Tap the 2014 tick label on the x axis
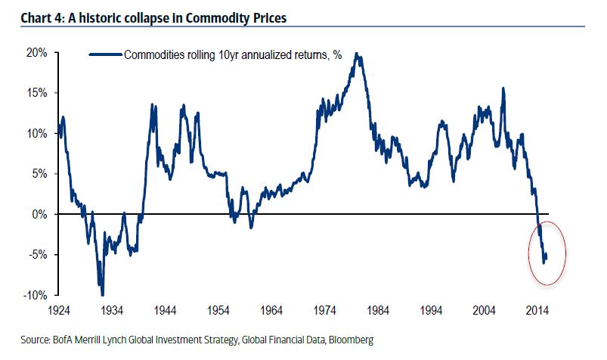(x=537, y=311)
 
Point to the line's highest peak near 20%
(x=358, y=54)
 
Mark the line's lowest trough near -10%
(x=102, y=294)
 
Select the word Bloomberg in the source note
(x=349, y=341)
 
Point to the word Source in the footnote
(x=21, y=341)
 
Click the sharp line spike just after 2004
(x=503, y=89)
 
